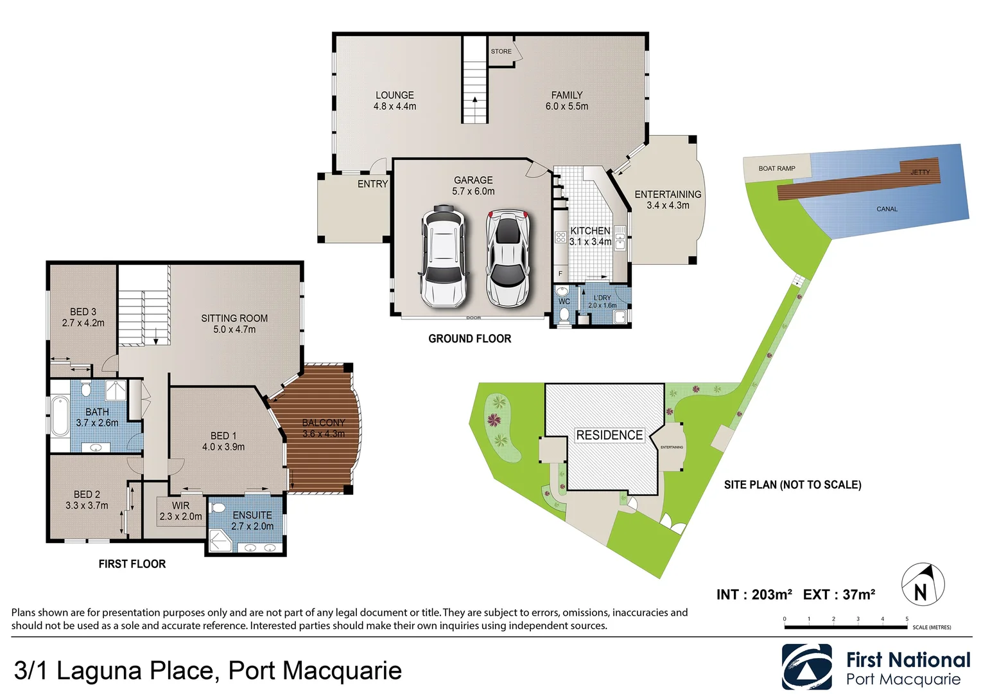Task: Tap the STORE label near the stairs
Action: tap(501, 51)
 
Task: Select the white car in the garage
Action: tap(443, 257)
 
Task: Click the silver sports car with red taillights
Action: tap(507, 258)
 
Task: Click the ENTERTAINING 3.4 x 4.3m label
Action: tap(668, 199)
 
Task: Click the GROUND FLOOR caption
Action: tap(470, 339)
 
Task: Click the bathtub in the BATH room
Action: tap(60, 416)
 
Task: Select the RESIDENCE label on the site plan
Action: tap(609, 435)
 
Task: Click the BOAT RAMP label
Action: tap(777, 168)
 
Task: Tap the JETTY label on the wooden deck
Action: tap(919, 172)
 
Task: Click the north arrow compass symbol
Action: tap(923, 585)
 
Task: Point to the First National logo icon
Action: tap(806, 667)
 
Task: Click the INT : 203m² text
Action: tap(754, 595)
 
